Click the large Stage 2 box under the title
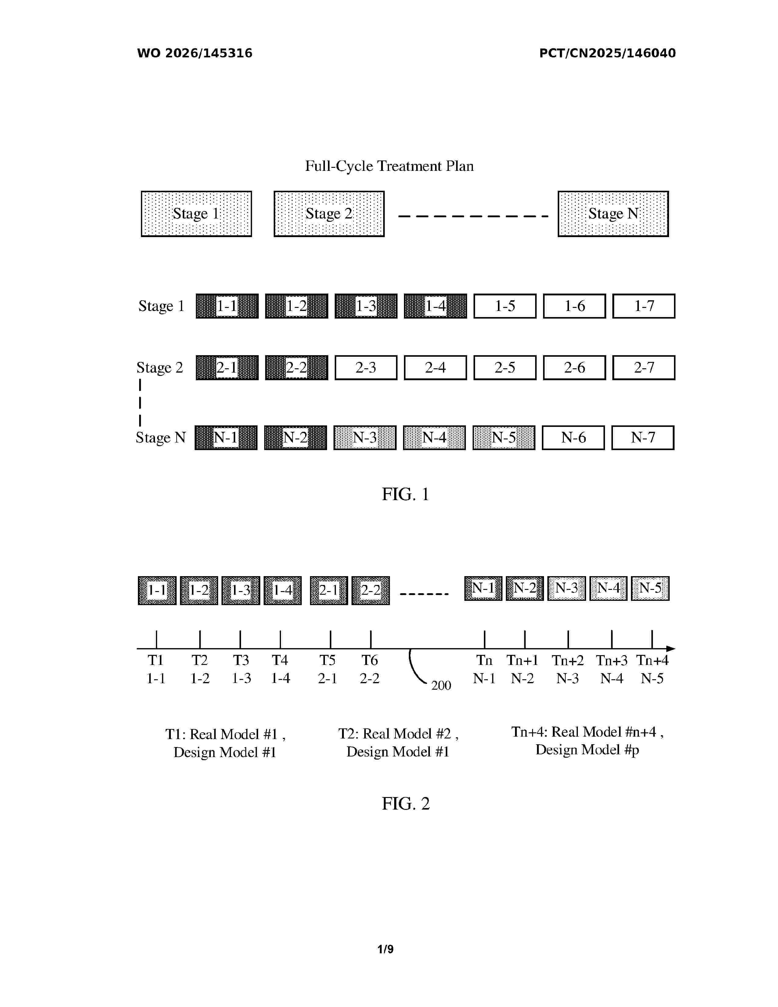329,214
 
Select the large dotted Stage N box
613,214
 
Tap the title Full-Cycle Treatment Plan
390,166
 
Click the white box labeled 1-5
505,306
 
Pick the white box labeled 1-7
644,306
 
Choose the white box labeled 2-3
366,367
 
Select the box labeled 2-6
574,367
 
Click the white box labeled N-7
643,438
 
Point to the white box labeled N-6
573,438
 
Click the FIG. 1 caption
405,495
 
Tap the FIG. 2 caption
405,804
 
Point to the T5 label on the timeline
327,660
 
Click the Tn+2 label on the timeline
568,660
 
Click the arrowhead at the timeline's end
671,649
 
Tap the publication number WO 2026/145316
195,53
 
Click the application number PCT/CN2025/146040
607,53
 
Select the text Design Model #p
587,750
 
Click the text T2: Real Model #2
394,734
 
